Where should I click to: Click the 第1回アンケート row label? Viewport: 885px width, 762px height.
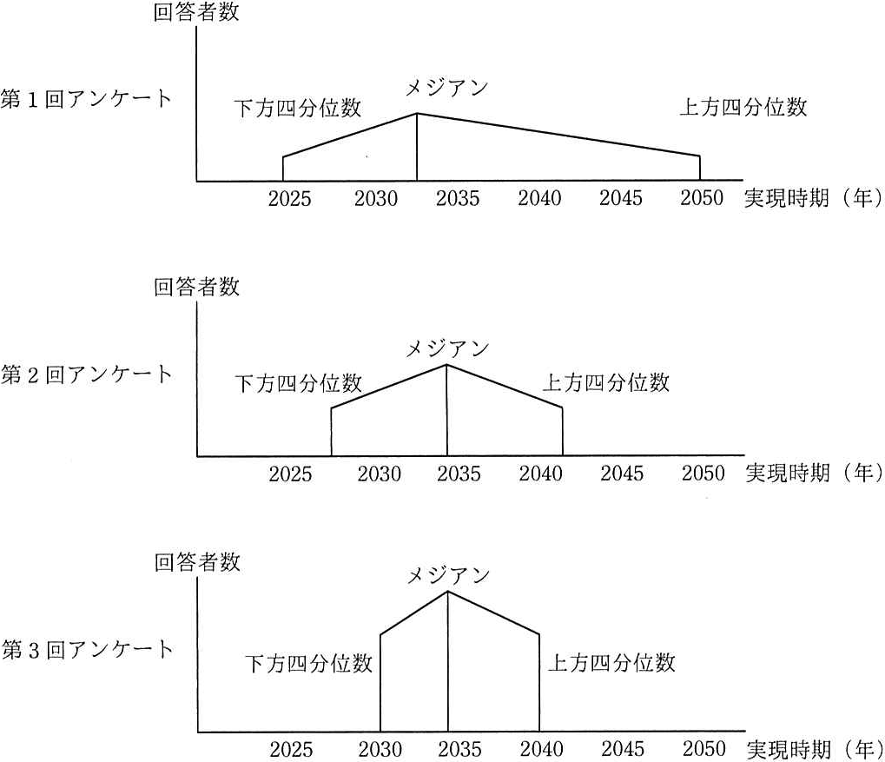coord(86,99)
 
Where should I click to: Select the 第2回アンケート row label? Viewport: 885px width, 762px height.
coord(86,374)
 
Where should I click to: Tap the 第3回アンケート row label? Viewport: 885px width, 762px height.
coord(86,650)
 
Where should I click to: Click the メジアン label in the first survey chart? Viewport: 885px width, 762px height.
coord(446,88)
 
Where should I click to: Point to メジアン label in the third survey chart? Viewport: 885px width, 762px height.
coord(448,575)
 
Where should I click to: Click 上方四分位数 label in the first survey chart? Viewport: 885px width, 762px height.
coord(743,107)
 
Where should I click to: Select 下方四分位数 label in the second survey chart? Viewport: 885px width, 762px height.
coord(298,383)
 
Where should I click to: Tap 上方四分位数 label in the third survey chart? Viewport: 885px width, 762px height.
coord(611,662)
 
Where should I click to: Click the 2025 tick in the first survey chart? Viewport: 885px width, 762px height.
coord(289,198)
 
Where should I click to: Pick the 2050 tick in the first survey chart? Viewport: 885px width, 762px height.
coord(702,198)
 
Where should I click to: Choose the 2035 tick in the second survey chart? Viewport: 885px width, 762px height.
coord(459,474)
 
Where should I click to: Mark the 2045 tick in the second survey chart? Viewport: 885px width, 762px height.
coord(622,474)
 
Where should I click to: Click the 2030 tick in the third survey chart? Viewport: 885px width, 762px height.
coord(380,750)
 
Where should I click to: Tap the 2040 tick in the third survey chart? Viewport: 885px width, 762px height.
coord(542,750)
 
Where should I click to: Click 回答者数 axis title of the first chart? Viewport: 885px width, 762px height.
coord(196,12)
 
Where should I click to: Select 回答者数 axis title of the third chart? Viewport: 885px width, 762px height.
coord(197,562)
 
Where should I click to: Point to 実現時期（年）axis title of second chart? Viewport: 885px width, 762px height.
coord(814,473)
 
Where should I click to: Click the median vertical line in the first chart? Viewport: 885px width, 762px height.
coord(417,147)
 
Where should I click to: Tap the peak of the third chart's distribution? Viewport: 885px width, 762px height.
coord(448,592)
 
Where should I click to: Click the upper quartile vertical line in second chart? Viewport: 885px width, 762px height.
coord(563,431)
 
